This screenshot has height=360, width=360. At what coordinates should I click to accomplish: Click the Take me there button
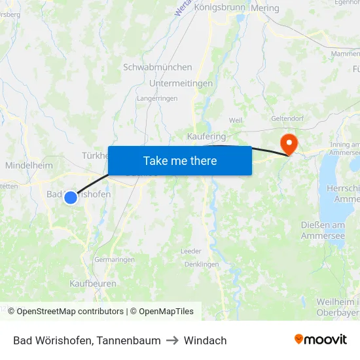180,160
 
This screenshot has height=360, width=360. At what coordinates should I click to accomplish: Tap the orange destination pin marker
288,143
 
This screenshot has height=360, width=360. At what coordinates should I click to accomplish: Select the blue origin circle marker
71,197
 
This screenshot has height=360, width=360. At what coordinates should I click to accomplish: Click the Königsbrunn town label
219,8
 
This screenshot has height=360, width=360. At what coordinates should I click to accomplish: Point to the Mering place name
264,9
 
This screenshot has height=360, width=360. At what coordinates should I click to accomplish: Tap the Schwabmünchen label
158,67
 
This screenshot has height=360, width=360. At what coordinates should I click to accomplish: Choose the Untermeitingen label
181,84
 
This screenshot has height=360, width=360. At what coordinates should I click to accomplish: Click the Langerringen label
156,98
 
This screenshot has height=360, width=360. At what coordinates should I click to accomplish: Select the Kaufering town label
206,136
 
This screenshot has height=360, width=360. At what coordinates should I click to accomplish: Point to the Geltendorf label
290,120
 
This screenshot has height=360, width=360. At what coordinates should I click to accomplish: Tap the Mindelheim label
29,166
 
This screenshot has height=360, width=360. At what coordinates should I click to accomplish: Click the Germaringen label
115,259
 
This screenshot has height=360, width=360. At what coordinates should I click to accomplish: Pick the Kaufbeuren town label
93,283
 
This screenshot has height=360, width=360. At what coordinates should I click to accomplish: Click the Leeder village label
191,251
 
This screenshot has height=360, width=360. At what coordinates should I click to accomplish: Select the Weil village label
236,120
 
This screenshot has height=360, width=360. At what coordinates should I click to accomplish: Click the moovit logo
320,340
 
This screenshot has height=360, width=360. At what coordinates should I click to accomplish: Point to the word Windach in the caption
206,340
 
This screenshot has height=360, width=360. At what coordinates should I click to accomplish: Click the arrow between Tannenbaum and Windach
172,340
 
